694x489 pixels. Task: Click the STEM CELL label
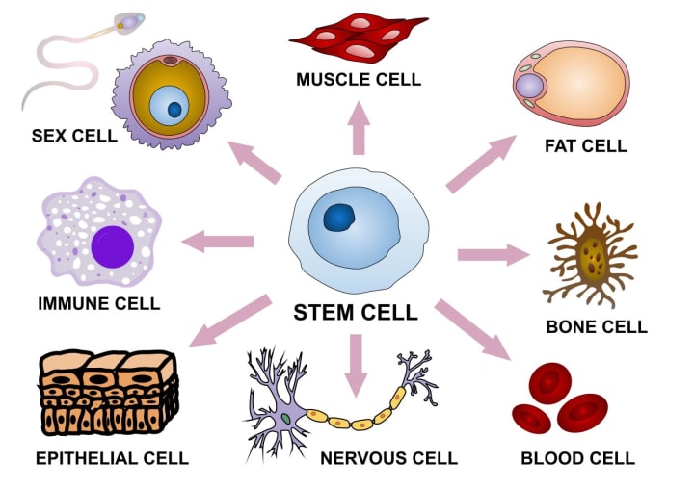click(356, 313)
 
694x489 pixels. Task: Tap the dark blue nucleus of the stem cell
click(340, 219)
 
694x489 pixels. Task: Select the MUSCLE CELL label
click(359, 79)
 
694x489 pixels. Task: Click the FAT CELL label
click(585, 146)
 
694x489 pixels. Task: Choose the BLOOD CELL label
click(577, 457)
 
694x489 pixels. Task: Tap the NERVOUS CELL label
click(388, 457)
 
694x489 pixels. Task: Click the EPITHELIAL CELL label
click(112, 457)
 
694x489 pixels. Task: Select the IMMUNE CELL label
click(98, 304)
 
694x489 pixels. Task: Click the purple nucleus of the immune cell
click(113, 245)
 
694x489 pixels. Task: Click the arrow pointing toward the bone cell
click(493, 254)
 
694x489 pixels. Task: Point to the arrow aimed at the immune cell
click(218, 241)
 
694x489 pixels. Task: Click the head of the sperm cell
click(127, 21)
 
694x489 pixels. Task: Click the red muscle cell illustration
click(359, 36)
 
